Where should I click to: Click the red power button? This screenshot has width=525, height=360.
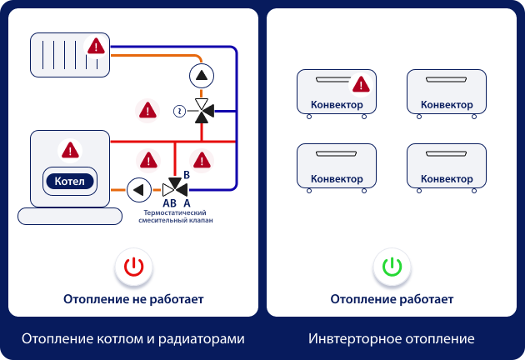(x=133, y=267)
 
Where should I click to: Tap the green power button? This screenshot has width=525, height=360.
(x=392, y=267)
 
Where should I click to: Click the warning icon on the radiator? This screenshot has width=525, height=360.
(x=97, y=46)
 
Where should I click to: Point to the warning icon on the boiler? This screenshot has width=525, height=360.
(x=70, y=150)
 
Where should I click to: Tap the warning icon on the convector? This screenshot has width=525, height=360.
(x=361, y=84)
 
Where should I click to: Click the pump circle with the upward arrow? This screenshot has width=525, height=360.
(x=201, y=76)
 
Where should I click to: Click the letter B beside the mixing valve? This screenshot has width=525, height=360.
(x=187, y=174)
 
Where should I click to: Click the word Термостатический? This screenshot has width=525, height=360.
(x=175, y=213)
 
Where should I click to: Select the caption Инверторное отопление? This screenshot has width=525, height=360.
(x=391, y=339)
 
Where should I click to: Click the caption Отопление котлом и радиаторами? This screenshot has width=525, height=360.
(x=133, y=339)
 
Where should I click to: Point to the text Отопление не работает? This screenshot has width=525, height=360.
(x=133, y=298)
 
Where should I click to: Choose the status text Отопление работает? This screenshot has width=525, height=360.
(x=392, y=298)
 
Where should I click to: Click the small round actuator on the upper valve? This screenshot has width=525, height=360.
(x=178, y=110)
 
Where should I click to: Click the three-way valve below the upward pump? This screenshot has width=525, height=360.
(x=202, y=110)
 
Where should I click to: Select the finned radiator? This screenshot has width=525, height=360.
(x=71, y=55)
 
